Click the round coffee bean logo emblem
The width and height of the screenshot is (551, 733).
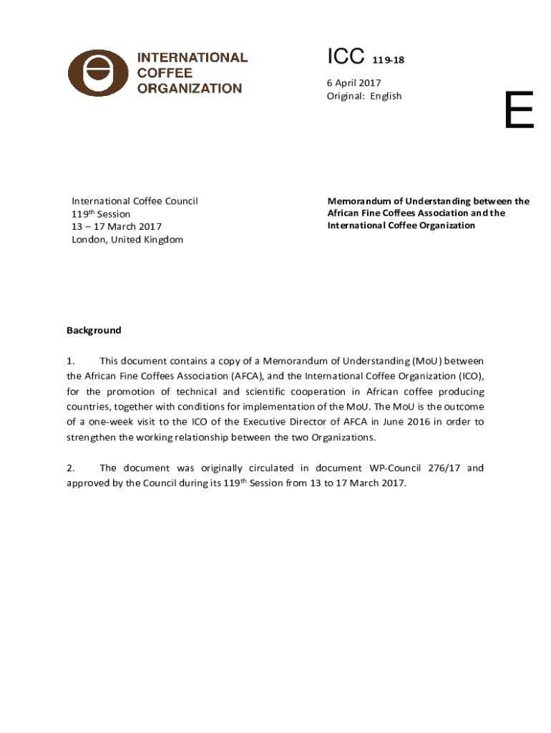98,73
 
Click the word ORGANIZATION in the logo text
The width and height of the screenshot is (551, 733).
190,89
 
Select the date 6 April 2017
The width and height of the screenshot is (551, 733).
354,83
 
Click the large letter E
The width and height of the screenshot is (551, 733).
519,111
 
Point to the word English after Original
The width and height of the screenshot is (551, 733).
386,96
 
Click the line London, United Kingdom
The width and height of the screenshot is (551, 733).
127,240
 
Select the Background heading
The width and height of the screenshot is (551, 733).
94,331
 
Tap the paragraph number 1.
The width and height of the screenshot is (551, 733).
71,361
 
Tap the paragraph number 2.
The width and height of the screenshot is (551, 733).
71,468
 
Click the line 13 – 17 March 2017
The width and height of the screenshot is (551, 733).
116,227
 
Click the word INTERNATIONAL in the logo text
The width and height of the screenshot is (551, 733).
192,57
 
